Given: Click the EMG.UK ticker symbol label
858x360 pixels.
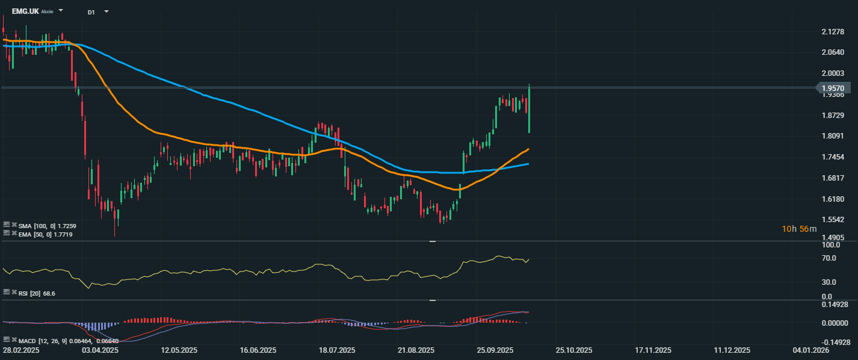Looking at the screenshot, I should tap(25, 11).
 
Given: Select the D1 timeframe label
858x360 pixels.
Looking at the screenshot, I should tap(91, 11).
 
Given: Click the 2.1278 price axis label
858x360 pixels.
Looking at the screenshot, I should tap(833, 31).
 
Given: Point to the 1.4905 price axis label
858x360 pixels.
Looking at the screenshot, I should tap(833, 237).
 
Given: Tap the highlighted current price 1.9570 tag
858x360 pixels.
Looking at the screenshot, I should tap(833, 88).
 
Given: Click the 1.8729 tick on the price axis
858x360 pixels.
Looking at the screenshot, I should tap(833, 115).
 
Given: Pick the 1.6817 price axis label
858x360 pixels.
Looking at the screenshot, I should tap(833, 178).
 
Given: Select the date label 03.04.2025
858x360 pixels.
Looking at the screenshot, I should tap(100, 350).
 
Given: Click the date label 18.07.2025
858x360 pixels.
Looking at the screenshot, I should tap(337, 350).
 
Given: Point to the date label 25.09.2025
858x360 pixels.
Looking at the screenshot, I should tap(495, 350).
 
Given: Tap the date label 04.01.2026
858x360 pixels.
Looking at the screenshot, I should tap(810, 350).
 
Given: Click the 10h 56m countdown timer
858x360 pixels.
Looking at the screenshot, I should tap(799, 229).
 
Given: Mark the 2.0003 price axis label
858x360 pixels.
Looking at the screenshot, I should tap(833, 73).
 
